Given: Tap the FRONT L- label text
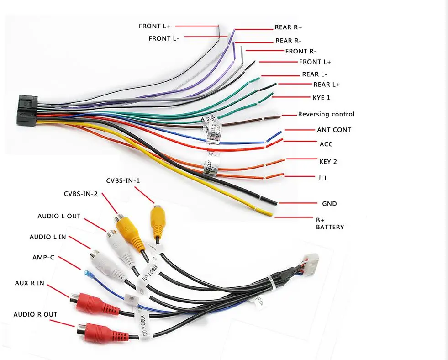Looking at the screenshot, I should [x=163, y=39].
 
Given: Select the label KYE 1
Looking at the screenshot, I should [x=321, y=98].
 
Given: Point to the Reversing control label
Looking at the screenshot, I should [x=326, y=114].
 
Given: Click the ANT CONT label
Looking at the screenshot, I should [x=334, y=130].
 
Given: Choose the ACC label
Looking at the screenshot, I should [x=326, y=144].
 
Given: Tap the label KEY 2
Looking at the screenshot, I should [x=328, y=162].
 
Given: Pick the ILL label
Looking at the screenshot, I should [x=323, y=178].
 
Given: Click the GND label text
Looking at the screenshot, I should [x=329, y=204].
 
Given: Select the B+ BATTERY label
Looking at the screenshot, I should [x=330, y=223].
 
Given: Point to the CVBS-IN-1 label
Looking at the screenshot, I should [x=123, y=181].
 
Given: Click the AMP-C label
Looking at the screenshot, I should [x=43, y=258].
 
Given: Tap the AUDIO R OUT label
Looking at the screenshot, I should [x=35, y=314].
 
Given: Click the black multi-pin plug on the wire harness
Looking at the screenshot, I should [x=26, y=110].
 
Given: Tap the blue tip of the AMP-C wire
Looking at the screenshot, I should [x=87, y=275].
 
